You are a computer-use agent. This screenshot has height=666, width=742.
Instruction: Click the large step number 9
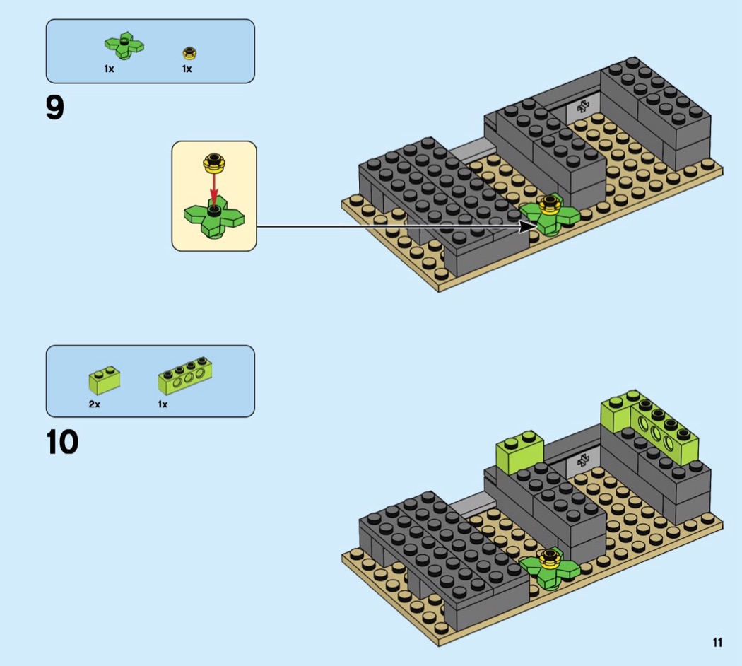tap(55, 107)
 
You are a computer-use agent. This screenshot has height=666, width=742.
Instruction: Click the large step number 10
tap(62, 442)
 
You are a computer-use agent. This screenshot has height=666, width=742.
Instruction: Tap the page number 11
tap(717, 643)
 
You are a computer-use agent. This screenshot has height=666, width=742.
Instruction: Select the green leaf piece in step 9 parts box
tap(124, 46)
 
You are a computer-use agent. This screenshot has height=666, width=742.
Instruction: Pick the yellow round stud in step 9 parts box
tap(189, 53)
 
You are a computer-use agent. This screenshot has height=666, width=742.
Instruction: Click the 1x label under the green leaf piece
tap(110, 69)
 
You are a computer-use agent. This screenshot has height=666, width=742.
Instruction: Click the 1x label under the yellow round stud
tap(187, 69)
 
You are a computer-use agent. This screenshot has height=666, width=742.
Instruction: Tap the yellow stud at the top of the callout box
tap(214, 163)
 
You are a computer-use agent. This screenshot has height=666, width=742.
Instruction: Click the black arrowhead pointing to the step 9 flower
tap(529, 226)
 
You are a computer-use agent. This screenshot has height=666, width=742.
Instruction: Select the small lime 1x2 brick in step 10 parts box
tap(104, 380)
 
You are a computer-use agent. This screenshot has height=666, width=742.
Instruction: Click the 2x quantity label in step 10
tap(94, 404)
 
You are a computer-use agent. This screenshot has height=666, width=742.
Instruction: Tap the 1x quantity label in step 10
tap(163, 404)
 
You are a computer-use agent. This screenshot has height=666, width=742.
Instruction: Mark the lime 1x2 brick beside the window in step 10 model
tap(519, 452)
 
